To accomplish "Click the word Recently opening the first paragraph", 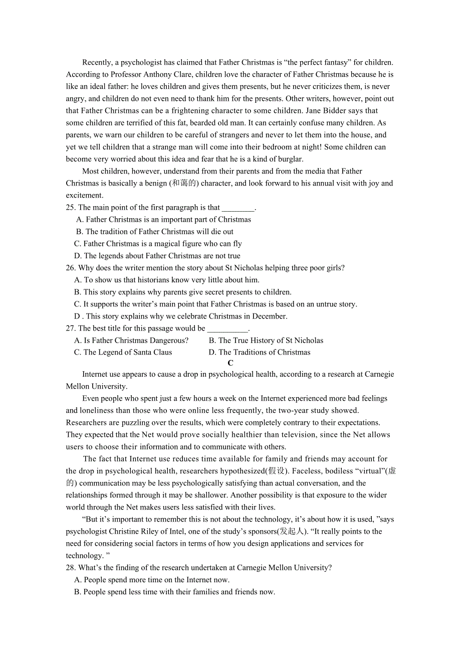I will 97,63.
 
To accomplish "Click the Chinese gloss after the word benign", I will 184,184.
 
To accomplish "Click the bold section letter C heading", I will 231,363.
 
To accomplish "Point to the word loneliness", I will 85,411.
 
